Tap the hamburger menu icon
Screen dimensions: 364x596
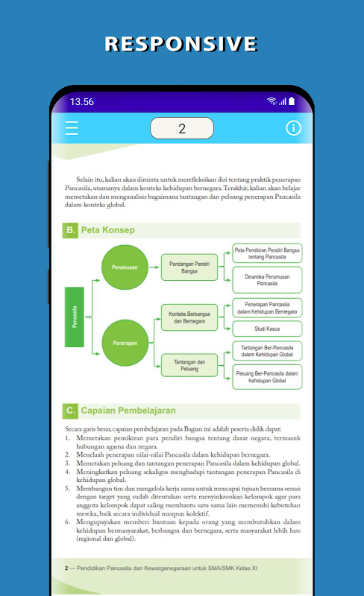72,128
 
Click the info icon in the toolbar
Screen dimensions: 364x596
293,128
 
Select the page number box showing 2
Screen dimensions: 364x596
182,128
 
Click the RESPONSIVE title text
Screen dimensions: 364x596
181,44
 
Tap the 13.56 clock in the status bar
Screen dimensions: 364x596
82,101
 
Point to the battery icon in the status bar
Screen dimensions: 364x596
292,101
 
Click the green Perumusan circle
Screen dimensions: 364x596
125,267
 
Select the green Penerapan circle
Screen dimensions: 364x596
125,343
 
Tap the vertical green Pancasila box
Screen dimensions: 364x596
75,317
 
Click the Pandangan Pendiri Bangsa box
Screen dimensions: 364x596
189,267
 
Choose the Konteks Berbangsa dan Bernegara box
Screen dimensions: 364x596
189,317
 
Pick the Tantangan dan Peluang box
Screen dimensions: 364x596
189,365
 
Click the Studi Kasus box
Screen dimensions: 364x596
267,329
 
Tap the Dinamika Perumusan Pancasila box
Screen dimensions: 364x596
267,280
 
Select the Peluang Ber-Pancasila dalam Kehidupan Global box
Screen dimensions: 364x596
267,377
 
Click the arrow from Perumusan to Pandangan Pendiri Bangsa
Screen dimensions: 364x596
154,267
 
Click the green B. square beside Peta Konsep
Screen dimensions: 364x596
70,230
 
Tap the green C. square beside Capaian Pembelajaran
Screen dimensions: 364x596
70,411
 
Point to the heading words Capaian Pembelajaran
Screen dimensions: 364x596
128,410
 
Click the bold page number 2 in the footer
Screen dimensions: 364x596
66,568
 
